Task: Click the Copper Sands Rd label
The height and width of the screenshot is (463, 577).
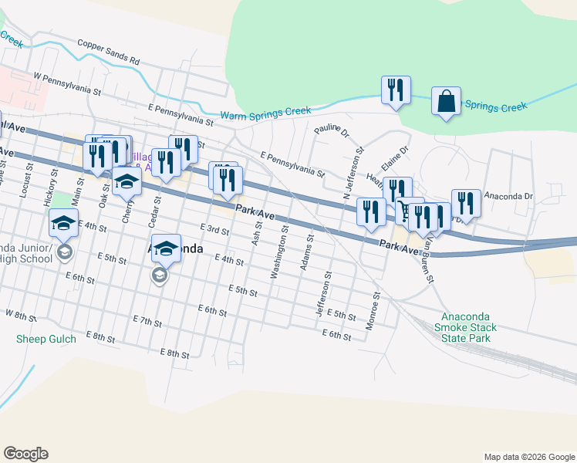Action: point(108,53)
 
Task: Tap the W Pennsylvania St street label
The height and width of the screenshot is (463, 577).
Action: point(67,83)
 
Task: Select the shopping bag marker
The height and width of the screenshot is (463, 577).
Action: point(447,102)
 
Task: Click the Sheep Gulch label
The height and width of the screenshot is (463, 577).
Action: point(46,339)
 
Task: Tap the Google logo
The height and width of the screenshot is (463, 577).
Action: point(25,454)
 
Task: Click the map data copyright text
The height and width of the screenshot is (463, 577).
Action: point(528,457)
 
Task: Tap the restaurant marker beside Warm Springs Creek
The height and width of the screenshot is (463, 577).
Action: point(396,90)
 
